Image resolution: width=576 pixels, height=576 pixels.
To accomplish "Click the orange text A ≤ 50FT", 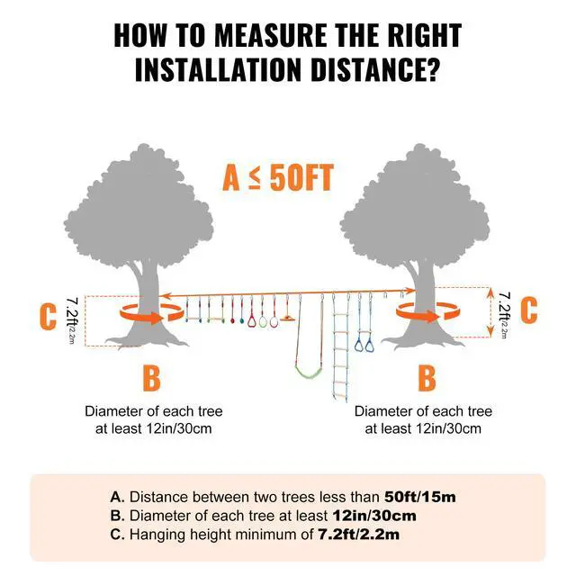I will pyautogui.click(x=278, y=177).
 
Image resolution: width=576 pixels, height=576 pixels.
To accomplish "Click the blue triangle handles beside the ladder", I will pyautogui.click(x=364, y=343).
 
